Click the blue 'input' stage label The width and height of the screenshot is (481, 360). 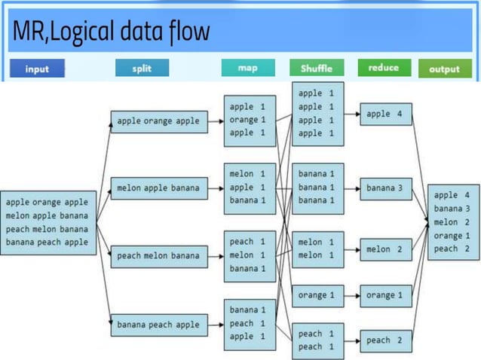point(37,69)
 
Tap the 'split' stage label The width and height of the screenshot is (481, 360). point(142,68)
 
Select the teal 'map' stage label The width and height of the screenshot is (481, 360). point(248,68)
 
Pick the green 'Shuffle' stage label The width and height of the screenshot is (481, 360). point(316,69)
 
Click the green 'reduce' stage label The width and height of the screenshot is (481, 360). point(383,68)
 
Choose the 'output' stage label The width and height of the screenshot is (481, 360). point(444,69)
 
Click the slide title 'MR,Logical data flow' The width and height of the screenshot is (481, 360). point(111,32)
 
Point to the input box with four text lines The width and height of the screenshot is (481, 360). point(48,222)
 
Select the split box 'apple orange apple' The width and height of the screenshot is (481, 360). point(158,121)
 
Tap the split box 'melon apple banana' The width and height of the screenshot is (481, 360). point(158,188)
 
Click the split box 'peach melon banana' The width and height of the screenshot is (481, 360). point(158,255)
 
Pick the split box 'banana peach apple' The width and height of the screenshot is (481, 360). point(158,325)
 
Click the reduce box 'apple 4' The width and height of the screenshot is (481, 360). point(385,114)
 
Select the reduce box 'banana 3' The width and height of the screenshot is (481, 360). point(385,187)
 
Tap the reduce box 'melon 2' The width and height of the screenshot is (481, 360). point(385,249)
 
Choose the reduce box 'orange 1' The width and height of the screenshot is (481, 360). point(385,295)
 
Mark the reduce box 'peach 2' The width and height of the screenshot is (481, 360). point(385,340)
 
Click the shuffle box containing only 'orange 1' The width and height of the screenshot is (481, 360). point(317,295)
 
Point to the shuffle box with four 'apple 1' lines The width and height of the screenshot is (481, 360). point(317,113)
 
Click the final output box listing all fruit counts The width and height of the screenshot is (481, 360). point(453,222)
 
